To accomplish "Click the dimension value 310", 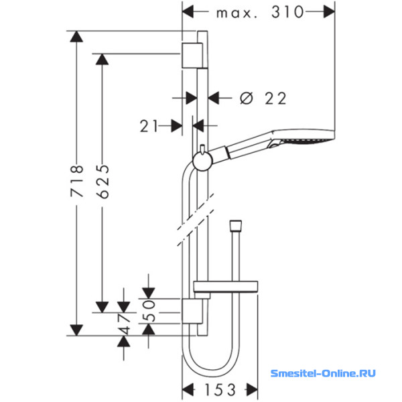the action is [x=287, y=12].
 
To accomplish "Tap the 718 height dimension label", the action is [x=76, y=181].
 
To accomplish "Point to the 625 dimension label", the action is [x=103, y=182].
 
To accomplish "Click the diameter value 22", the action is [x=275, y=98].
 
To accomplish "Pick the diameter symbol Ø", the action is [x=247, y=98].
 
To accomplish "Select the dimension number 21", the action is [x=149, y=126].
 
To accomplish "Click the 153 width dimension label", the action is [x=220, y=390].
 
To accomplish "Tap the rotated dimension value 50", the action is [x=149, y=311].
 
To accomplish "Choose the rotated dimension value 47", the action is [x=125, y=324].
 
